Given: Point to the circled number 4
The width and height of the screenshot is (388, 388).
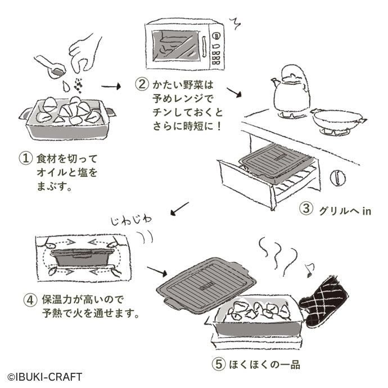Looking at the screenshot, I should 30,299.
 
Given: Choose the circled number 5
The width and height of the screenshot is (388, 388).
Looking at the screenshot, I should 219,364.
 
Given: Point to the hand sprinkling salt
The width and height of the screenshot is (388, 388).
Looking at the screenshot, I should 84,52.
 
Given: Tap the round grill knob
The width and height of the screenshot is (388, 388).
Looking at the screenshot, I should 338,177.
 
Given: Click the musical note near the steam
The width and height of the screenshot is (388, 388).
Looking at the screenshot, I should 308,269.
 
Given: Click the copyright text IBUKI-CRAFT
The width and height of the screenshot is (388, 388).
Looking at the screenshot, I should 44,376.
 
